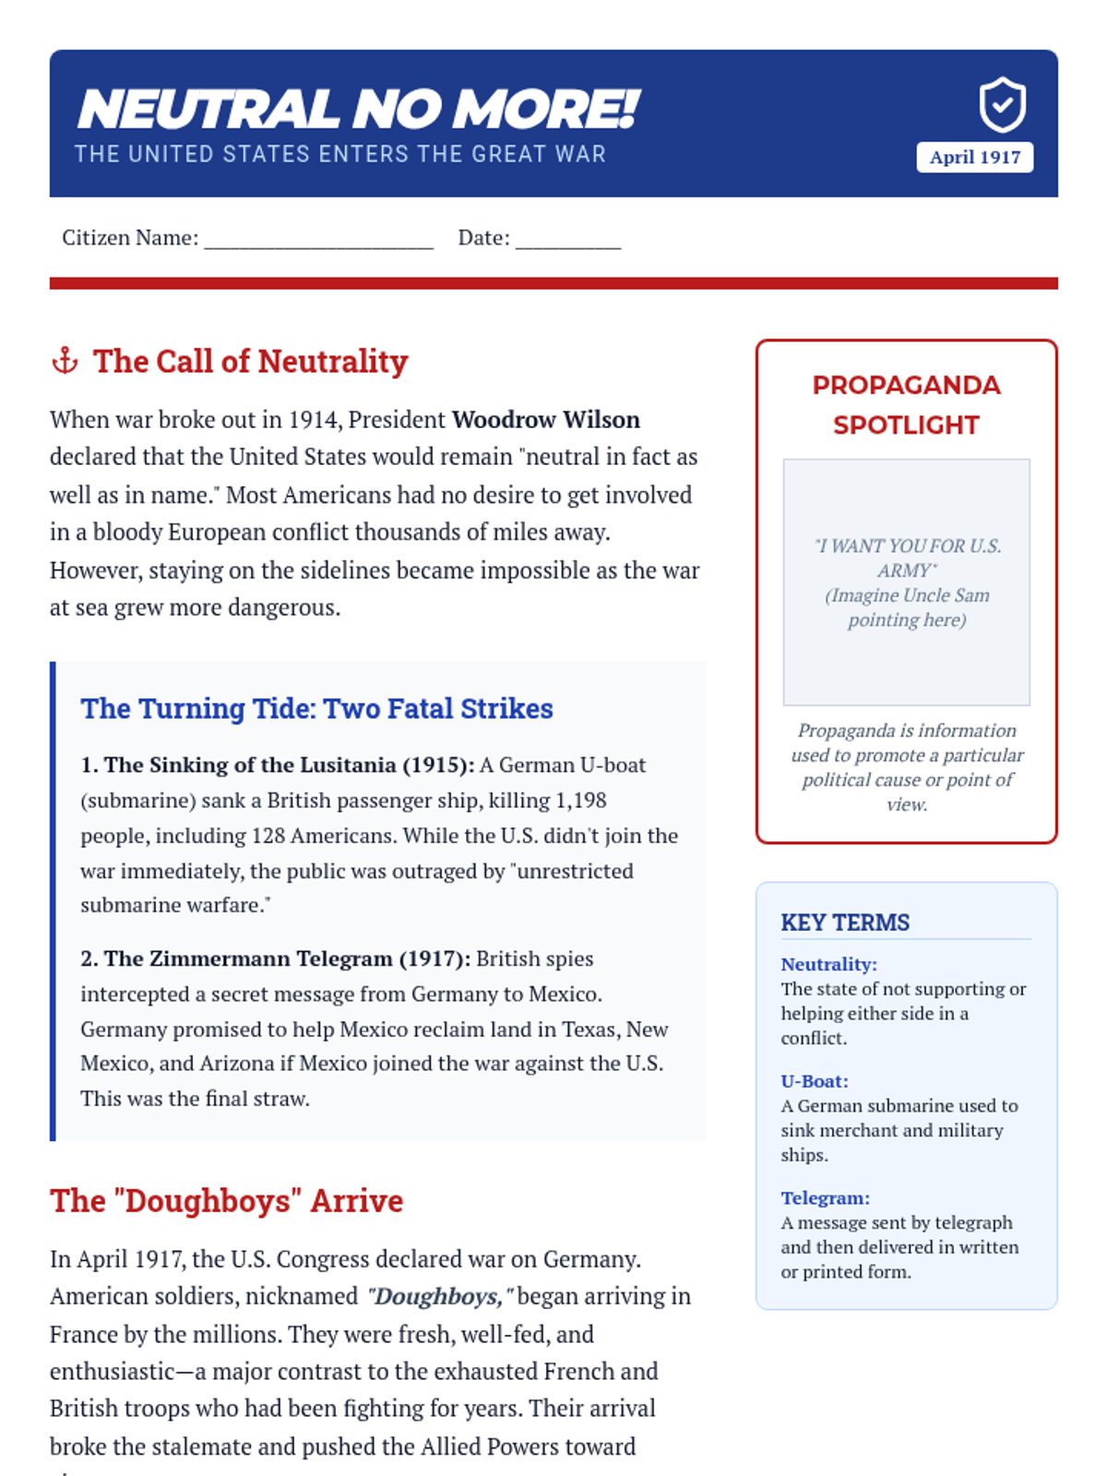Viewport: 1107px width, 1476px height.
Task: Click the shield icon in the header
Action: (x=1002, y=105)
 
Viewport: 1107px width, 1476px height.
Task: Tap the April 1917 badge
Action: (x=974, y=157)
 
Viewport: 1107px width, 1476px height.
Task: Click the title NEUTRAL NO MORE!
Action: (x=358, y=109)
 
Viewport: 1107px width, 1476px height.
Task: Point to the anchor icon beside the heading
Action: (x=65, y=361)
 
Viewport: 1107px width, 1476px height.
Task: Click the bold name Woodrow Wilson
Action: (x=545, y=420)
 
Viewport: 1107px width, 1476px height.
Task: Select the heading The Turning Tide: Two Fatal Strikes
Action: (x=316, y=708)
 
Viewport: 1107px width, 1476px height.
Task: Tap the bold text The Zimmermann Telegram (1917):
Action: (x=275, y=958)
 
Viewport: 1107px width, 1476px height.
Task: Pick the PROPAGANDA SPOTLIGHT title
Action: (x=906, y=405)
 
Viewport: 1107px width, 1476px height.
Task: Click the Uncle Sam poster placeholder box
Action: (x=906, y=582)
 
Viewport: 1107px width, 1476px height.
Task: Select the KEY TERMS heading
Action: (x=845, y=922)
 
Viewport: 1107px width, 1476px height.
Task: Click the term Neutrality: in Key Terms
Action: (x=828, y=964)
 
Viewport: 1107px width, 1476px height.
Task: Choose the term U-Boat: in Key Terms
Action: (x=814, y=1081)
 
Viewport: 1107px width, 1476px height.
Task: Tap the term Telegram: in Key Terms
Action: (x=825, y=1198)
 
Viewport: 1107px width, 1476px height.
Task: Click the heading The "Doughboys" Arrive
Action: (x=226, y=1201)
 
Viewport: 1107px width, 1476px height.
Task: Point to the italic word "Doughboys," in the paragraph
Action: (x=435, y=1297)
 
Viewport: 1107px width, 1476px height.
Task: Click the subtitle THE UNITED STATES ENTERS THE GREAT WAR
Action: (x=339, y=154)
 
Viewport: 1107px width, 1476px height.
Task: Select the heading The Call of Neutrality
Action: (x=250, y=362)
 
